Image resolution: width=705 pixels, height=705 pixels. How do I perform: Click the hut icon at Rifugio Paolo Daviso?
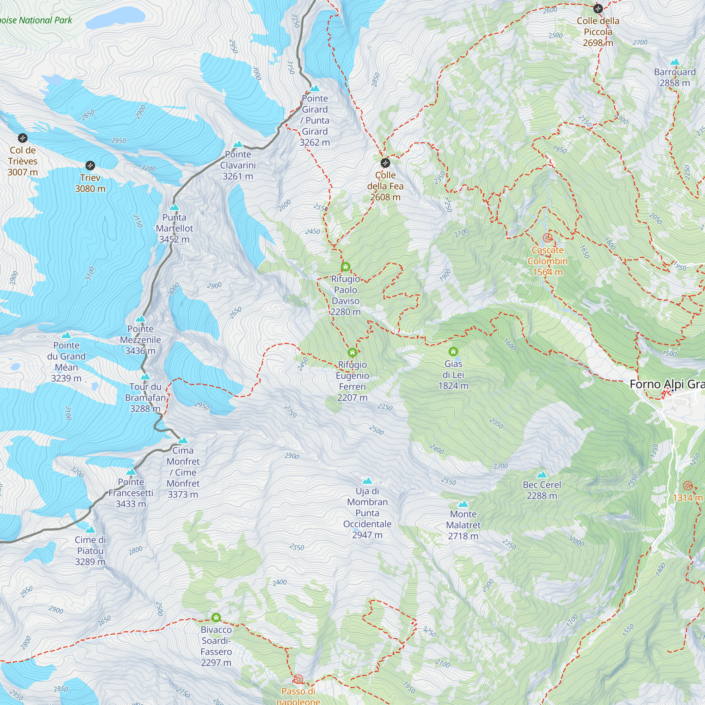345,267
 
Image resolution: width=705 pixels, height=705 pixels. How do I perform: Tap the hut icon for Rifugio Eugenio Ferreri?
352,352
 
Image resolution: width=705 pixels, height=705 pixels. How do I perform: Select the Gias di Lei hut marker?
453,352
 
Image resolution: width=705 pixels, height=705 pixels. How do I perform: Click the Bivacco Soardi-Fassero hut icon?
216,618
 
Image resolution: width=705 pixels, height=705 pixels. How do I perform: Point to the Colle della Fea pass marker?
385,163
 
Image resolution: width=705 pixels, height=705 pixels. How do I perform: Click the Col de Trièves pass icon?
23,138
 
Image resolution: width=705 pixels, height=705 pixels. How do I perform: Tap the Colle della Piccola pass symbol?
598,8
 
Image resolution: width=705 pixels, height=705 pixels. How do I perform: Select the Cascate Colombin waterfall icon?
547,238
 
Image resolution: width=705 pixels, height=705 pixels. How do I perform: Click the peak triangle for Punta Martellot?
174,207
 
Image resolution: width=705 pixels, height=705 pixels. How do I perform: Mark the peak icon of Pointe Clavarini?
238,144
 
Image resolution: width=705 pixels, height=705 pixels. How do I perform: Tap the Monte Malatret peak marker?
463,504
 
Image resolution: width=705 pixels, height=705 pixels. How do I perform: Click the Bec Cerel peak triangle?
542,475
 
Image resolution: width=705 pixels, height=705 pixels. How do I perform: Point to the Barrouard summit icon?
675,62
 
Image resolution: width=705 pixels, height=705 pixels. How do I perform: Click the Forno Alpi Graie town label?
667,384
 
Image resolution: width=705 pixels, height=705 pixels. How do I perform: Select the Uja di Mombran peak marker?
367,481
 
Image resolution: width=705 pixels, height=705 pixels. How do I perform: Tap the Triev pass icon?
90,165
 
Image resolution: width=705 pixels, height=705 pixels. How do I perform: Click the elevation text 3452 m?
174,239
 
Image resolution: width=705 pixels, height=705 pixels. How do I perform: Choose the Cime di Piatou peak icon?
90,529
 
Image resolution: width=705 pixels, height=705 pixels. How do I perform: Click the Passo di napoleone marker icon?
298,679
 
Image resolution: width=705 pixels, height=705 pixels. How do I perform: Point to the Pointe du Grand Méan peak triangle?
66,335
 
